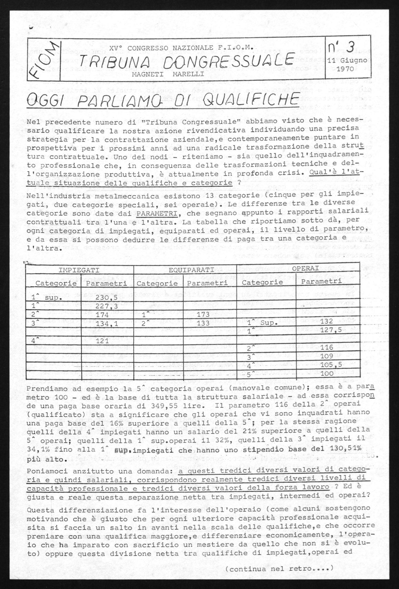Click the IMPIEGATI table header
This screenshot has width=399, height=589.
(79, 270)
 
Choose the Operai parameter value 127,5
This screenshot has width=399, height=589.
(327, 330)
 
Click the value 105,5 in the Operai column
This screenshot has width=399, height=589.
(327, 365)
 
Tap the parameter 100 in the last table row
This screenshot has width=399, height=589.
(327, 374)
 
